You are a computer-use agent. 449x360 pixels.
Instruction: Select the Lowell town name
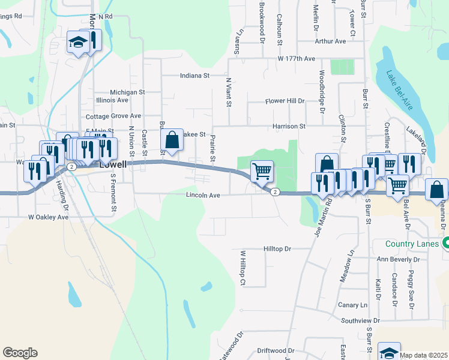point(114,163)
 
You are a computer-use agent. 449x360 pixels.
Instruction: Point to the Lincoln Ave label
point(203,195)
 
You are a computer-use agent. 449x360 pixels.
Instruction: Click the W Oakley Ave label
point(49,217)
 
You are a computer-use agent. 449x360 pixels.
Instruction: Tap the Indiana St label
point(194,76)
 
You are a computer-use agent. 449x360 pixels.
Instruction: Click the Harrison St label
point(289,127)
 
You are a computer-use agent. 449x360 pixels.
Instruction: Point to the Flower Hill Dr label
point(285,101)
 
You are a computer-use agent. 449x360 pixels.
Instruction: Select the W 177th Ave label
point(296,59)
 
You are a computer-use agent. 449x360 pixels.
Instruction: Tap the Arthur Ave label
point(331,41)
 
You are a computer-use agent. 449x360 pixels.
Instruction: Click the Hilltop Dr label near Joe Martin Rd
point(277,248)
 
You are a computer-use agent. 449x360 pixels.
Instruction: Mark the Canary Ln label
point(352,305)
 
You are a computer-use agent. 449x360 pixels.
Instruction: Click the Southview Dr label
point(360,321)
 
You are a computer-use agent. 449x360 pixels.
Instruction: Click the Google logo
point(20,353)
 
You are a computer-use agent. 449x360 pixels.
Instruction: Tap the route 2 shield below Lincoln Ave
point(274,192)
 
